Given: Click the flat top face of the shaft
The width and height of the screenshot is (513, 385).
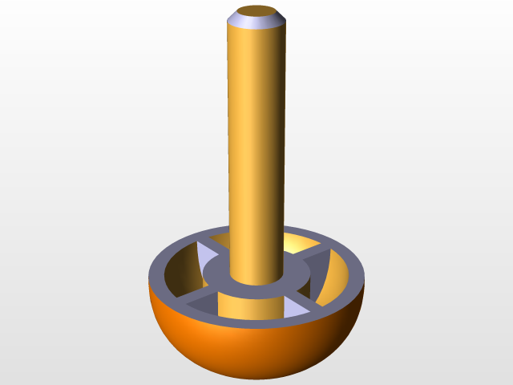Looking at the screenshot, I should point(256,11).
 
